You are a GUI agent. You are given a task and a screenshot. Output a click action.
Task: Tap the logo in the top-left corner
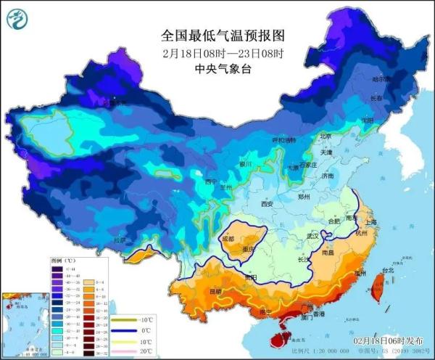coord(15,18)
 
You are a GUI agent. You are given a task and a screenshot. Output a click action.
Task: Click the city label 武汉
coord(313,237)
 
